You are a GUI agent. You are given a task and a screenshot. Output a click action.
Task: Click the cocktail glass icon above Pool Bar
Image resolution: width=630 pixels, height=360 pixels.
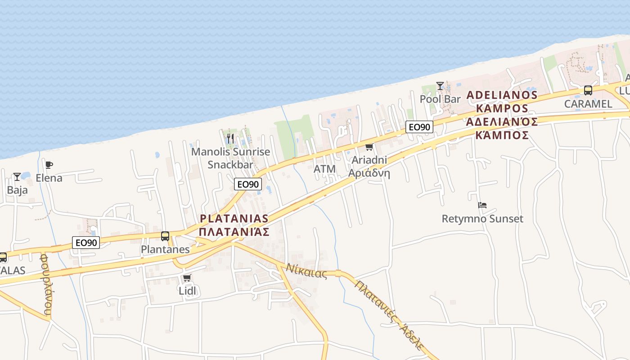point(440,85)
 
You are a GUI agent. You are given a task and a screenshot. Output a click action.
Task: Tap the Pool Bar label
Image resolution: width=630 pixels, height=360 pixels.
point(440,99)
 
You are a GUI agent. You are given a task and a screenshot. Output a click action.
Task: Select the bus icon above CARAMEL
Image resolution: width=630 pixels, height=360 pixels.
point(588,90)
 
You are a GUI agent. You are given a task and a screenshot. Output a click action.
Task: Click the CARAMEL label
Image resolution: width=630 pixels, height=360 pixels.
point(588,104)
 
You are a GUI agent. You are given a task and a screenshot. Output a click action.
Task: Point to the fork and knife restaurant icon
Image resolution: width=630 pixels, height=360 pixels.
point(230,138)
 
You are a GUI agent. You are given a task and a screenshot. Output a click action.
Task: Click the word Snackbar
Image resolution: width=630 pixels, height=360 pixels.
point(230,164)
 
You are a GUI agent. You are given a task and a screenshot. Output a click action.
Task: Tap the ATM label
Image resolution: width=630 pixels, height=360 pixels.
point(324,169)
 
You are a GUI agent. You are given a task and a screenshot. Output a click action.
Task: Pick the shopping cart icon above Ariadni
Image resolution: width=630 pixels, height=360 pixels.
point(369,147)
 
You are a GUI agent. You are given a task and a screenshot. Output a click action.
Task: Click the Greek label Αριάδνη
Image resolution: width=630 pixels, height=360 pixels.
point(369,173)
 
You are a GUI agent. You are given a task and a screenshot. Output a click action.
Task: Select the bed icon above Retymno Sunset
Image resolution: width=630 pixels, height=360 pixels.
point(482,205)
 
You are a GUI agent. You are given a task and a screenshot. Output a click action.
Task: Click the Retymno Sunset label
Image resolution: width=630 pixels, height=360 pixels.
point(482,219)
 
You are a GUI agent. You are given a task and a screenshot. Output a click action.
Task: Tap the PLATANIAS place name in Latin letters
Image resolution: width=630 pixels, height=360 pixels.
point(234,219)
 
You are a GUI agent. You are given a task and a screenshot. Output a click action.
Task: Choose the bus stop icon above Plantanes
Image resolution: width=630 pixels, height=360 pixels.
point(165,236)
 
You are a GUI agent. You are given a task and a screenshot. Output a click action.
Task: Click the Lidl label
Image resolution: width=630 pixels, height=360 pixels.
point(187,291)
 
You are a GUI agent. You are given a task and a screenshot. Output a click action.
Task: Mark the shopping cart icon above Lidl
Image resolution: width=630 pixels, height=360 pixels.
point(187,278)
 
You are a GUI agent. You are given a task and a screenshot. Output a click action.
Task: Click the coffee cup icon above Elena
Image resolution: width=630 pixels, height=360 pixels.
point(49,165)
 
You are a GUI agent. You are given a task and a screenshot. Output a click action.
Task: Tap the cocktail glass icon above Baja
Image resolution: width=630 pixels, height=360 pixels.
point(17,177)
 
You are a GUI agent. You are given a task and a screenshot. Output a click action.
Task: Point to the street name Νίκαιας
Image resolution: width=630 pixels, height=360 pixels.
point(306,271)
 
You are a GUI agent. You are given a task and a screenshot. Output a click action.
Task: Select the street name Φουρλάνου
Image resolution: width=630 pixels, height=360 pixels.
point(46,284)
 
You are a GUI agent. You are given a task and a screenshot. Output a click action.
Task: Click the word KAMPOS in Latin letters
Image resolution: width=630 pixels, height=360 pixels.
point(502,108)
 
